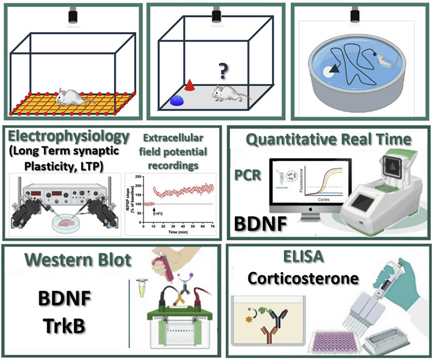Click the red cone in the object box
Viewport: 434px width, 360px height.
point(189,85)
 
